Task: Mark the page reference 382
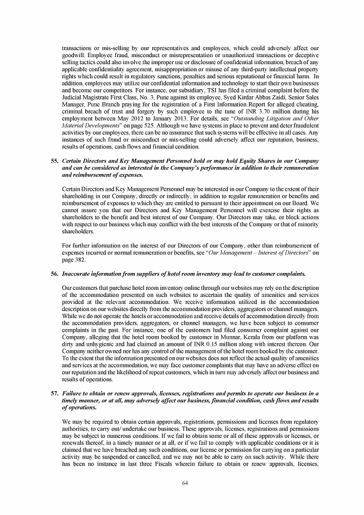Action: [77, 260]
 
